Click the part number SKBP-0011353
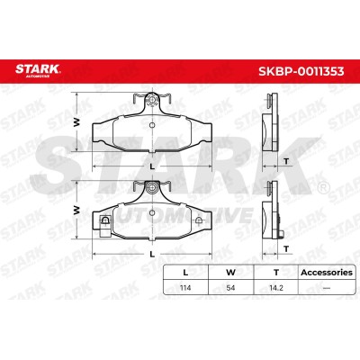(301, 71)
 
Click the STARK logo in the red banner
(38, 70)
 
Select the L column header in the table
(185, 273)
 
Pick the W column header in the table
(230, 273)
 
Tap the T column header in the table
(276, 273)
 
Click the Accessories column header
(327, 273)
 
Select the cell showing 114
(185, 288)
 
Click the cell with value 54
(230, 288)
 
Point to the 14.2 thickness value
(276, 288)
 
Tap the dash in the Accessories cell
(327, 288)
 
